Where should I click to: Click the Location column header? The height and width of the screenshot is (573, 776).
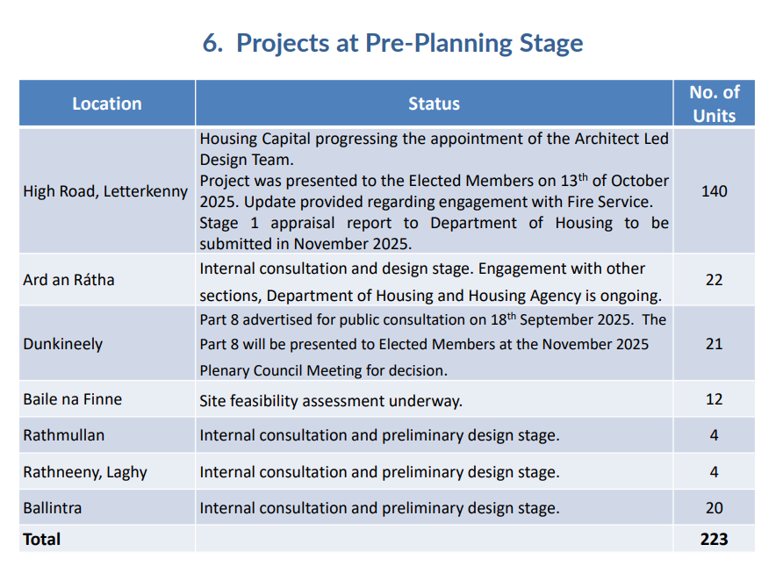click(x=107, y=104)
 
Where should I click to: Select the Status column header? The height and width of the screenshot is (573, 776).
click(x=434, y=104)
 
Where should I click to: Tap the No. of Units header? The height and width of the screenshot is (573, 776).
click(x=715, y=104)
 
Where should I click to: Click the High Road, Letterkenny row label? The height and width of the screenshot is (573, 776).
click(x=105, y=191)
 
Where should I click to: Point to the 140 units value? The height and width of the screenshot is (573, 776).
click(x=715, y=191)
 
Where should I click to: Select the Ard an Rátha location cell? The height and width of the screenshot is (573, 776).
click(x=68, y=280)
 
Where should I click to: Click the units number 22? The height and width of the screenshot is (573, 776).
click(x=715, y=280)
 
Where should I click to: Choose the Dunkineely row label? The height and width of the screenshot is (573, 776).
click(x=63, y=344)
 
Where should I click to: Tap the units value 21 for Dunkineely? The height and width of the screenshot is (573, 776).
click(x=715, y=344)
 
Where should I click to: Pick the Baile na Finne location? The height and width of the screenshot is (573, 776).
click(x=72, y=399)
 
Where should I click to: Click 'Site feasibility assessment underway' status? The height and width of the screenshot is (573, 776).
click(x=331, y=401)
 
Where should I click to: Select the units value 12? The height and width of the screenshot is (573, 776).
click(x=715, y=399)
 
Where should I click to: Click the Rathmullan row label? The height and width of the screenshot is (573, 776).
click(x=64, y=435)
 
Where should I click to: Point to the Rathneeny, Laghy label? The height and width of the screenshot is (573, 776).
click(x=85, y=472)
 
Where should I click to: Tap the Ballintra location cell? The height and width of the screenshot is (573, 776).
click(x=53, y=508)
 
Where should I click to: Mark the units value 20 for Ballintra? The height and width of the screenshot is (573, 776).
click(x=715, y=508)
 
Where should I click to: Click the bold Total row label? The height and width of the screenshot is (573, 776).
click(x=42, y=540)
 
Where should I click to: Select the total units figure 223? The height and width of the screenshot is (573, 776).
click(x=715, y=540)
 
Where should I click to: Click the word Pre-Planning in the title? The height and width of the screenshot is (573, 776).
click(x=438, y=43)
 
